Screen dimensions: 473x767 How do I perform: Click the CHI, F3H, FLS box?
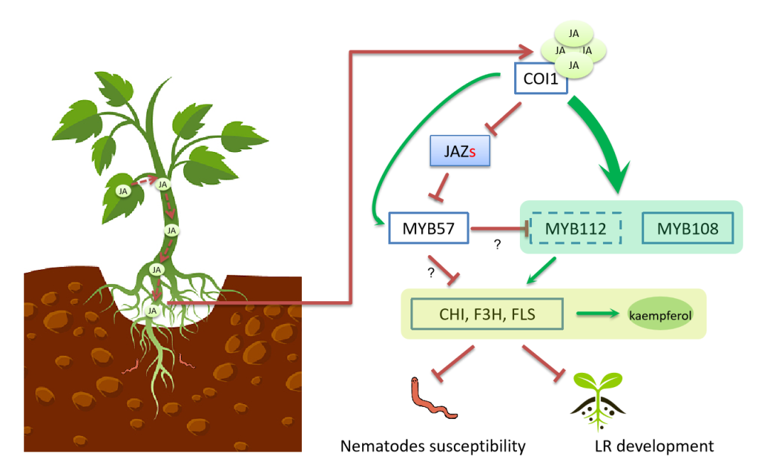point(487,312)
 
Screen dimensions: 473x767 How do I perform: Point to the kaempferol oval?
point(660,314)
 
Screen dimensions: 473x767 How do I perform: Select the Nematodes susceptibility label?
point(433,446)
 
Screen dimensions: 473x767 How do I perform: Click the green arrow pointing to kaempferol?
point(594,312)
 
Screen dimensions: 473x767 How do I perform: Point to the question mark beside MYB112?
point(497,244)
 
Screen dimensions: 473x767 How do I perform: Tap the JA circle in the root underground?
point(151,310)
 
